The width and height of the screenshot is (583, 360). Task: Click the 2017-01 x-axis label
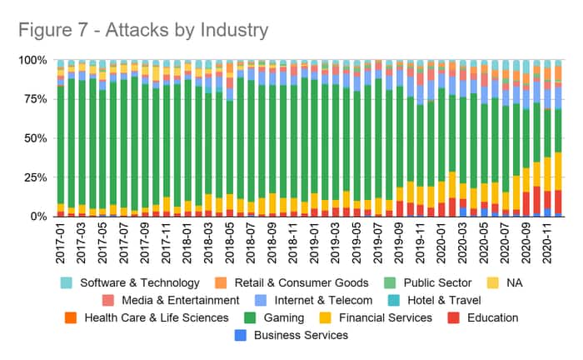[61, 241]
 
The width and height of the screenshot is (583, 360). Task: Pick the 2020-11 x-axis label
[547, 241]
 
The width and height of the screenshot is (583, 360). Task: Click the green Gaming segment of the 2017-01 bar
[61, 142]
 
